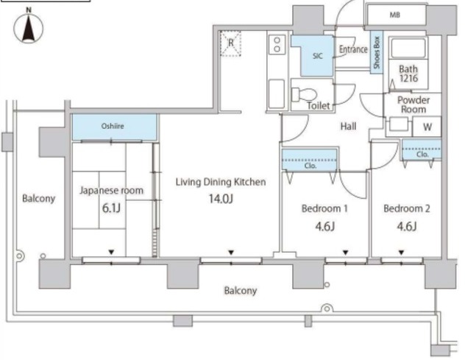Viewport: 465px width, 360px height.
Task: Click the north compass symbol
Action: click(29, 27)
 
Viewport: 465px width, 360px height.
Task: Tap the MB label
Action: click(394, 15)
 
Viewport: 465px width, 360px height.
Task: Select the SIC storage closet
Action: click(313, 55)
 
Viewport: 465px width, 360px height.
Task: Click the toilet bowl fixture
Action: click(303, 95)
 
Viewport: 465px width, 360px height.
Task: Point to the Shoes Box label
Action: click(377, 52)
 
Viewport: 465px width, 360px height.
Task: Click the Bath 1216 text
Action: click(408, 74)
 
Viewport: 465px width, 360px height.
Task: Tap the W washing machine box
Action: click(427, 127)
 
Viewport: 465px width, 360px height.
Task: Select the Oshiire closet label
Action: click(113, 126)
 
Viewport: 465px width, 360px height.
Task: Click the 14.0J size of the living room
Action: click(221, 199)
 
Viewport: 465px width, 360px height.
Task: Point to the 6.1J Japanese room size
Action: click(111, 208)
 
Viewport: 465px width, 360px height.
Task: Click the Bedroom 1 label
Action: click(324, 208)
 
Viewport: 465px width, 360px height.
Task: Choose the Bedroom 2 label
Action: click(407, 208)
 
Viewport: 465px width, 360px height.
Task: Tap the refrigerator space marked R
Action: click(231, 43)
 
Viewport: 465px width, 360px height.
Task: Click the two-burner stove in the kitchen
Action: click(277, 44)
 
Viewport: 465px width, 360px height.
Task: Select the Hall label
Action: click(348, 127)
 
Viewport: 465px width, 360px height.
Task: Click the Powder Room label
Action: click(413, 105)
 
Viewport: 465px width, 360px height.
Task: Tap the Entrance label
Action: click(353, 49)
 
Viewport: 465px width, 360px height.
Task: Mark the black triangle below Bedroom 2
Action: click(401, 253)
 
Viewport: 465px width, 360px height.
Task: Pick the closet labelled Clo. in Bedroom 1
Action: click(309, 160)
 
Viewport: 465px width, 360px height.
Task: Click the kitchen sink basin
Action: click(277, 93)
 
